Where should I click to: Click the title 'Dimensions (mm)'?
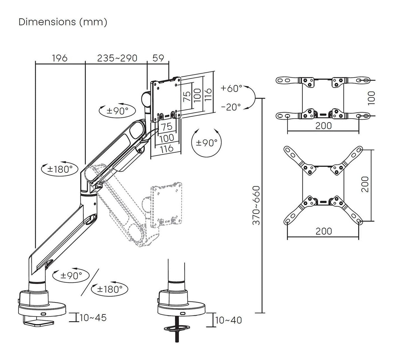pyautogui.click(x=63, y=22)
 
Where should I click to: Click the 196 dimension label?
pyautogui.click(x=60, y=58)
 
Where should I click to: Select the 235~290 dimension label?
pyautogui.click(x=118, y=58)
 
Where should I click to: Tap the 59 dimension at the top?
pyautogui.click(x=158, y=58)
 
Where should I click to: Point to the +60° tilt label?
pyautogui.click(x=231, y=88)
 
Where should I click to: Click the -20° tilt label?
pyautogui.click(x=231, y=107)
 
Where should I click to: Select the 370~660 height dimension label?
pyautogui.click(x=257, y=205)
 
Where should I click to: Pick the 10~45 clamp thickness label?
pyautogui.click(x=93, y=318)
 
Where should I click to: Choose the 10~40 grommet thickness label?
pyautogui.click(x=228, y=320)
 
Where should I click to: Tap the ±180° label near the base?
pyautogui.click(x=110, y=289)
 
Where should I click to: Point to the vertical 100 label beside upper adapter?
pyautogui.click(x=372, y=97)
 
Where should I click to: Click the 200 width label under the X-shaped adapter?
pyautogui.click(x=324, y=231)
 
